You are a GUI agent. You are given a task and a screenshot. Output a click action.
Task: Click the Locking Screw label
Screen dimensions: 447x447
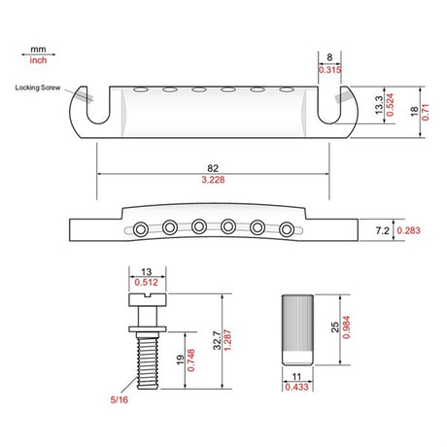(38, 87)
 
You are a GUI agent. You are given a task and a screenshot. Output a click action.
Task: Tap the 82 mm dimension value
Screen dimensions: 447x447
(213, 168)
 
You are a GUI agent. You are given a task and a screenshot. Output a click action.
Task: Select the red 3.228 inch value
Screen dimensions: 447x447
(213, 180)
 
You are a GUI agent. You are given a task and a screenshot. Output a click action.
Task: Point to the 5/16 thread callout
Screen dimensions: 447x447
(120, 399)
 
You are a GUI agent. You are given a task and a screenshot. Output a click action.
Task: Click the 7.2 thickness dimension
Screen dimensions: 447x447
(382, 230)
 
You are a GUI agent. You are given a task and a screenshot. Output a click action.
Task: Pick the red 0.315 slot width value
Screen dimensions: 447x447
(329, 70)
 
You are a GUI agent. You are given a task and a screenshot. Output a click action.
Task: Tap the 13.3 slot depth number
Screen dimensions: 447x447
(379, 105)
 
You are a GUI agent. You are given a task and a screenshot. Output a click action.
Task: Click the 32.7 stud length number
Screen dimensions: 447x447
(218, 340)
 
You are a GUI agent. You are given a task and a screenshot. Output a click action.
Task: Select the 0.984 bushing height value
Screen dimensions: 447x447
(346, 327)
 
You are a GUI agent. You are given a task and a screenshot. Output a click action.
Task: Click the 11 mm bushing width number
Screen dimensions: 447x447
(296, 377)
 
